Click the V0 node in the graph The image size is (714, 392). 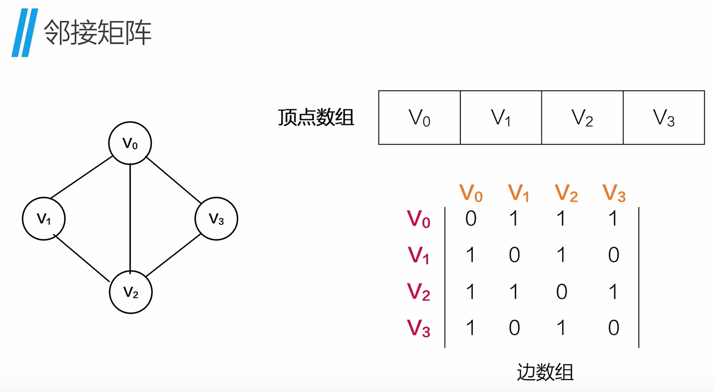tap(130, 143)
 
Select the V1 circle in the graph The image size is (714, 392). tap(43, 219)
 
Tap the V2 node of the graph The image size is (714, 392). tap(131, 292)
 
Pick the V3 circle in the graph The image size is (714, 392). tap(216, 219)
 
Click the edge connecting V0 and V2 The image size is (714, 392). tap(130, 217)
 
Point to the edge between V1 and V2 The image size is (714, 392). tap(82, 258)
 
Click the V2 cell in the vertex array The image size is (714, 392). tap(582, 118)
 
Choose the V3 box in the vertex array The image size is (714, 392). tap(663, 118)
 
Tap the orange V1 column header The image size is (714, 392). tap(518, 193)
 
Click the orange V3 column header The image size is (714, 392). tap(614, 193)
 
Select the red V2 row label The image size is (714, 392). tap(418, 292)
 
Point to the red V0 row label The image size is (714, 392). tap(418, 219)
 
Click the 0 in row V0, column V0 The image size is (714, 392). tap(471, 219)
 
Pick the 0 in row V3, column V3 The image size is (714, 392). tap(613, 328)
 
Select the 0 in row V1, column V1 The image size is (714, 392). tap(514, 255)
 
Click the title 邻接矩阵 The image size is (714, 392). tap(97, 33)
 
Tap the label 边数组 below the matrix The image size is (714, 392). tap(545, 372)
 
